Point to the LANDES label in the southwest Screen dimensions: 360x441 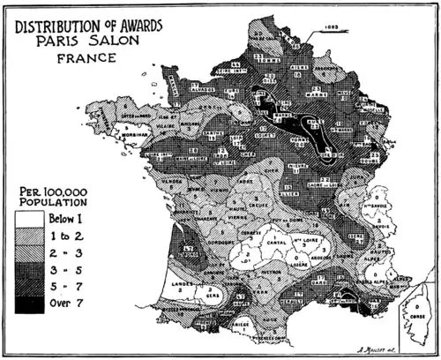point(183,281)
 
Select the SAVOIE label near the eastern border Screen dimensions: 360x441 point(381,222)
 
